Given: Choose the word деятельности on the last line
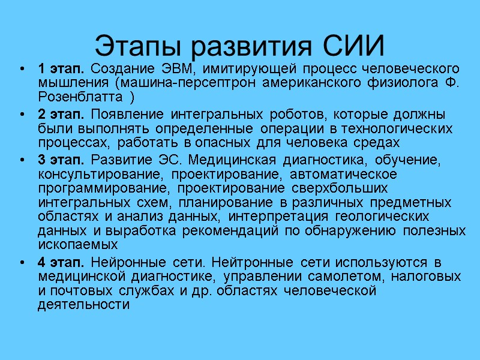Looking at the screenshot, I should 83,305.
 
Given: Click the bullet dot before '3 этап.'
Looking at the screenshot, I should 22,160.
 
